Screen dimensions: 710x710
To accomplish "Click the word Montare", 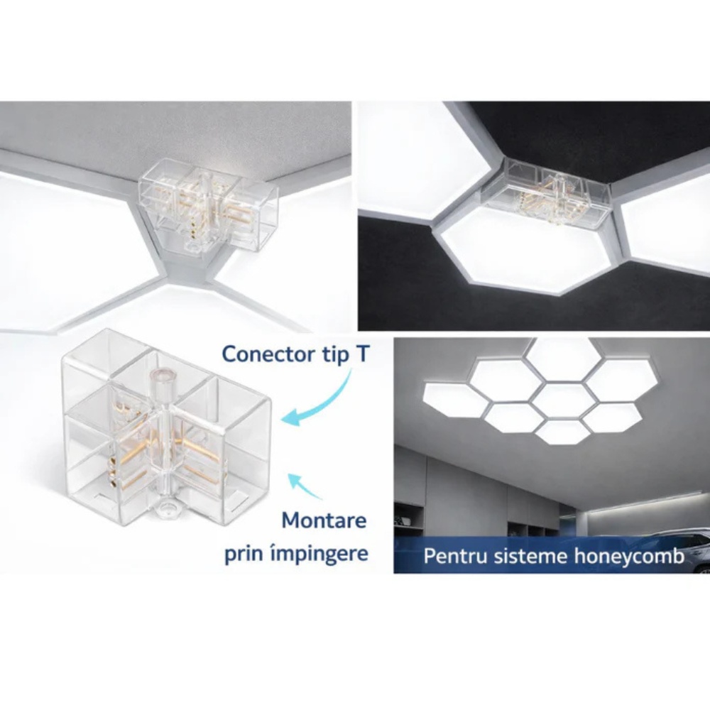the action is (324, 520).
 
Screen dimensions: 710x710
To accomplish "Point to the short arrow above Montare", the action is (305, 486).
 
